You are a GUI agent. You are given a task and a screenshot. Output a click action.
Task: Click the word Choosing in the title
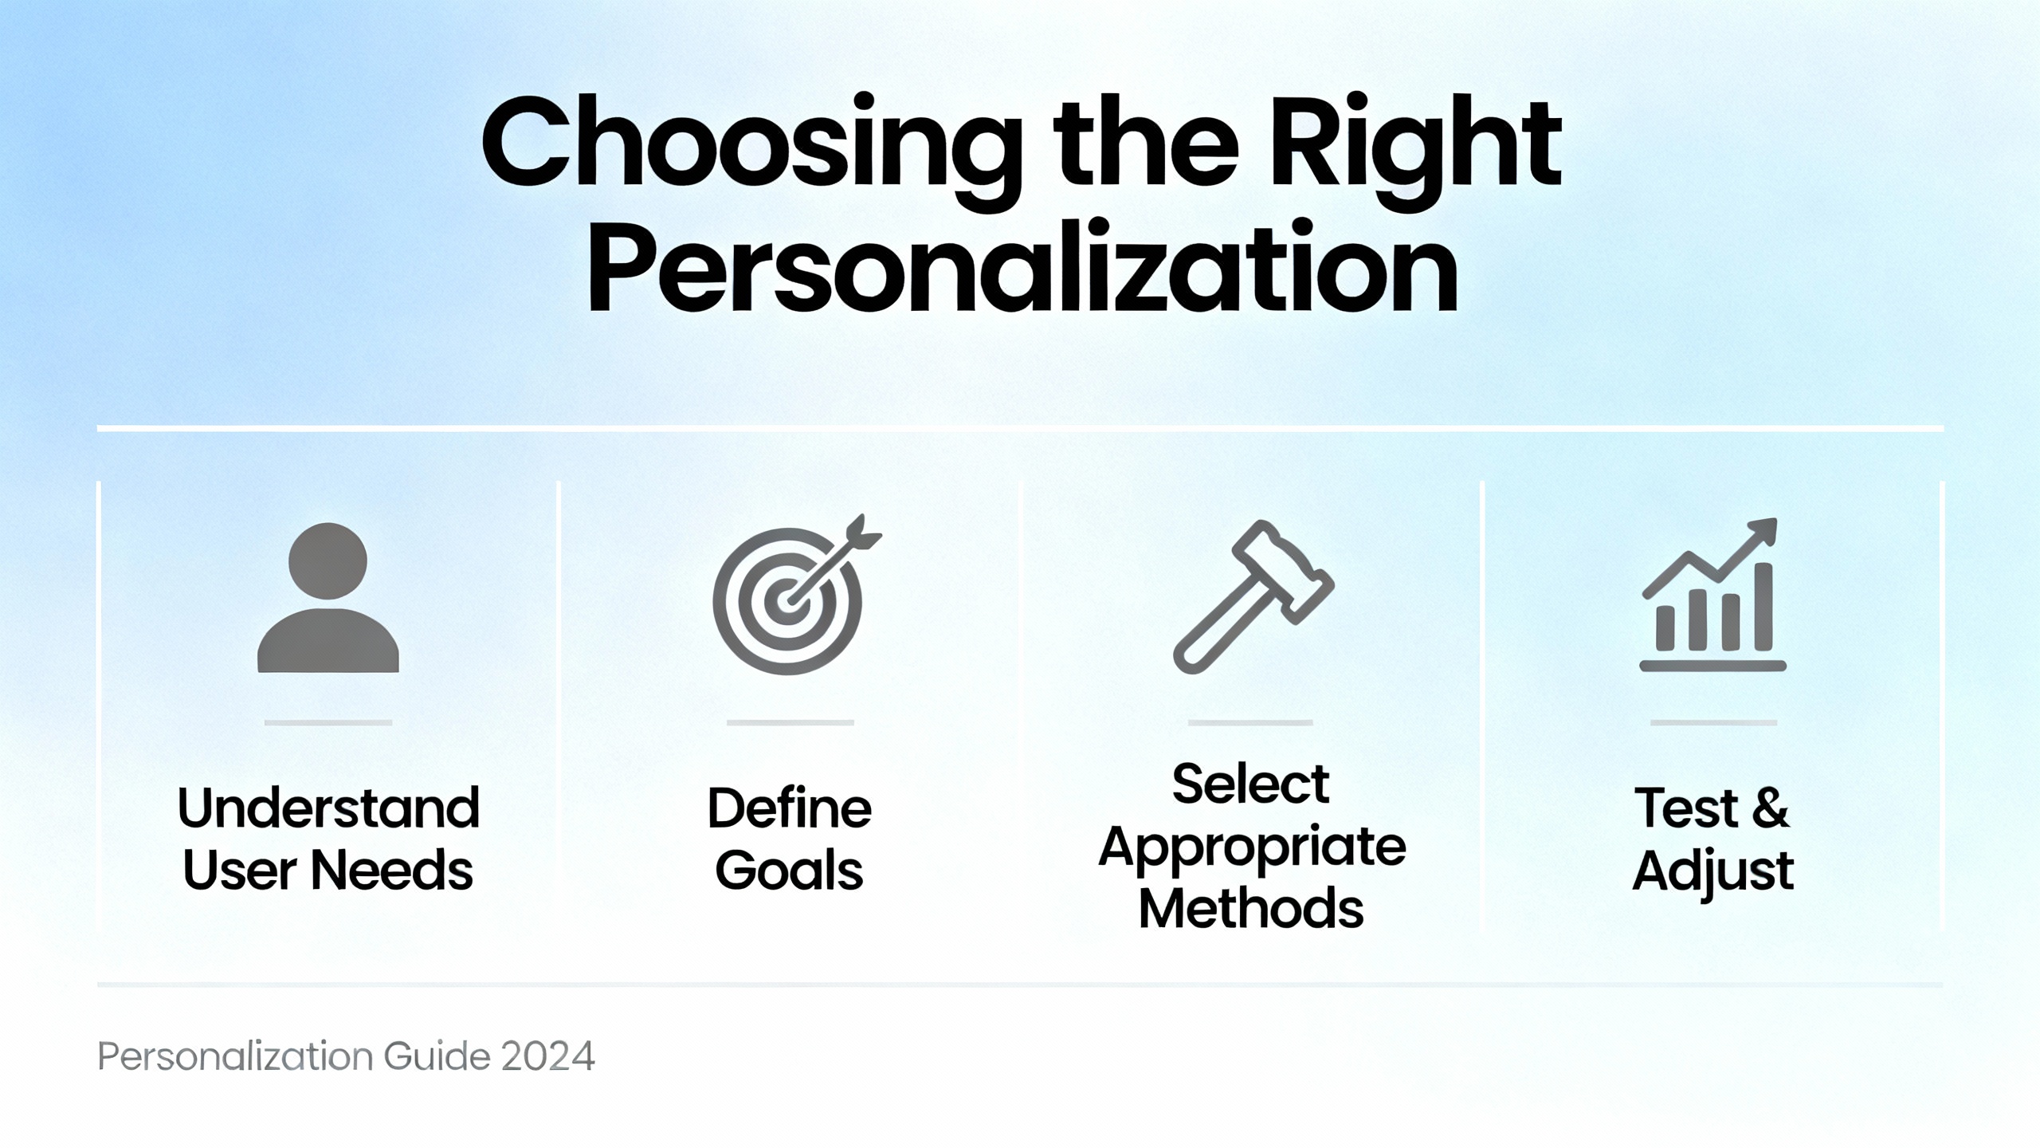point(751,150)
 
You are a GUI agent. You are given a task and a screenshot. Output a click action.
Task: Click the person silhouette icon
point(328,598)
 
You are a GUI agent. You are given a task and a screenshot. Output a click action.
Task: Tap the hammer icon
point(1253,597)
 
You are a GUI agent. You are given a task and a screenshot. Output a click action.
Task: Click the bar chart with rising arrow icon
point(1712,595)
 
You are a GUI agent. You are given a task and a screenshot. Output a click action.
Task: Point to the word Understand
point(328,808)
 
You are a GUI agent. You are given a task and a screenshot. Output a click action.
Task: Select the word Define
point(790,808)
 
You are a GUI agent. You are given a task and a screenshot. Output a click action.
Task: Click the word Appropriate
point(1252,848)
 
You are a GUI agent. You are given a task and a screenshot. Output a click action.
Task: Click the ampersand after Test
point(1770,808)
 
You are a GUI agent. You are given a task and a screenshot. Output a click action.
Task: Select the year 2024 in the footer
point(548,1056)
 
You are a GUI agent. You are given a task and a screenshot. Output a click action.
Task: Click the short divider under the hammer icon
point(1250,722)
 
